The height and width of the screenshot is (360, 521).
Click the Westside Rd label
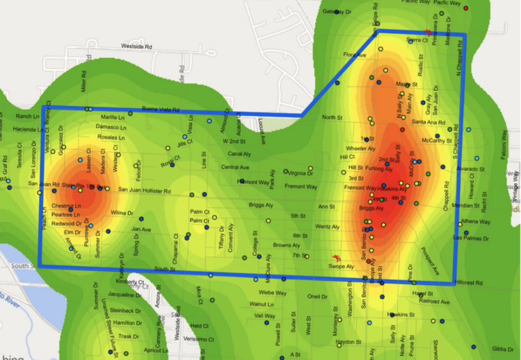tap(136, 46)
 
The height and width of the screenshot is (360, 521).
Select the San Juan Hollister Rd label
tap(144, 190)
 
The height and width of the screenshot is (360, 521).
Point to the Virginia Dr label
tap(300, 173)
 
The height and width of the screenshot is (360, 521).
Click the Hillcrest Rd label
tap(471, 282)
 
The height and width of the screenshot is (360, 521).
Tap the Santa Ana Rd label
tap(428, 122)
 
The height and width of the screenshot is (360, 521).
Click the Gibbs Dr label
tap(502, 349)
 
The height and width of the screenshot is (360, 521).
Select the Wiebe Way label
tap(273, 293)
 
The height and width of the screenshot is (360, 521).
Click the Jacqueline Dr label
tap(124, 295)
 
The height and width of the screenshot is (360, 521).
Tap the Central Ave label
tap(235, 167)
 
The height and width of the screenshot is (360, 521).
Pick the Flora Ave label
tap(355, 54)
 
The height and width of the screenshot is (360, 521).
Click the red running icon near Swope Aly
tap(336, 258)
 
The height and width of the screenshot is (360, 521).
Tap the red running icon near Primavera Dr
tap(429, 32)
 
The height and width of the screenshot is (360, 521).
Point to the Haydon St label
tap(348, 342)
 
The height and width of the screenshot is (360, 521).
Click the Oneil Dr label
tap(317, 296)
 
